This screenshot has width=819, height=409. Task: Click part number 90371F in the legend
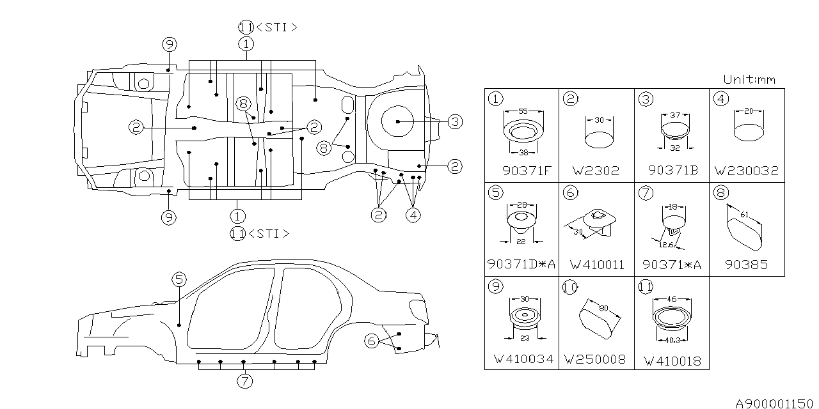[522, 171]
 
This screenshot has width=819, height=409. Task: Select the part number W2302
[597, 171]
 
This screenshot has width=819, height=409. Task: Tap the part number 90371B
[672, 171]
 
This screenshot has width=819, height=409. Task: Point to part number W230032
[746, 171]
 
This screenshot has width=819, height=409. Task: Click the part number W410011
[597, 264]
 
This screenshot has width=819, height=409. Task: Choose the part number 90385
[746, 264]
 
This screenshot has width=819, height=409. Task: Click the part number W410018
[672, 361]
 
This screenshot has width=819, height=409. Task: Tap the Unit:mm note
[749, 79]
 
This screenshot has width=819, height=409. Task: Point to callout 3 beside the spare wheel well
[454, 121]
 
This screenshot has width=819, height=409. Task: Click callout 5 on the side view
[179, 279]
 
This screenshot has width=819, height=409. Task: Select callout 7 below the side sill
[244, 381]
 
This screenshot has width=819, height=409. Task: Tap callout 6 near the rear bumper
[371, 341]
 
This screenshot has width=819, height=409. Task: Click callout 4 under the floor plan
[413, 215]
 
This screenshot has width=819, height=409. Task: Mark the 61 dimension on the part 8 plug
[745, 215]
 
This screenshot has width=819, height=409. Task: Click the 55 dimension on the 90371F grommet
[523, 111]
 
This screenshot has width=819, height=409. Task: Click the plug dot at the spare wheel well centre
[397, 121]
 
